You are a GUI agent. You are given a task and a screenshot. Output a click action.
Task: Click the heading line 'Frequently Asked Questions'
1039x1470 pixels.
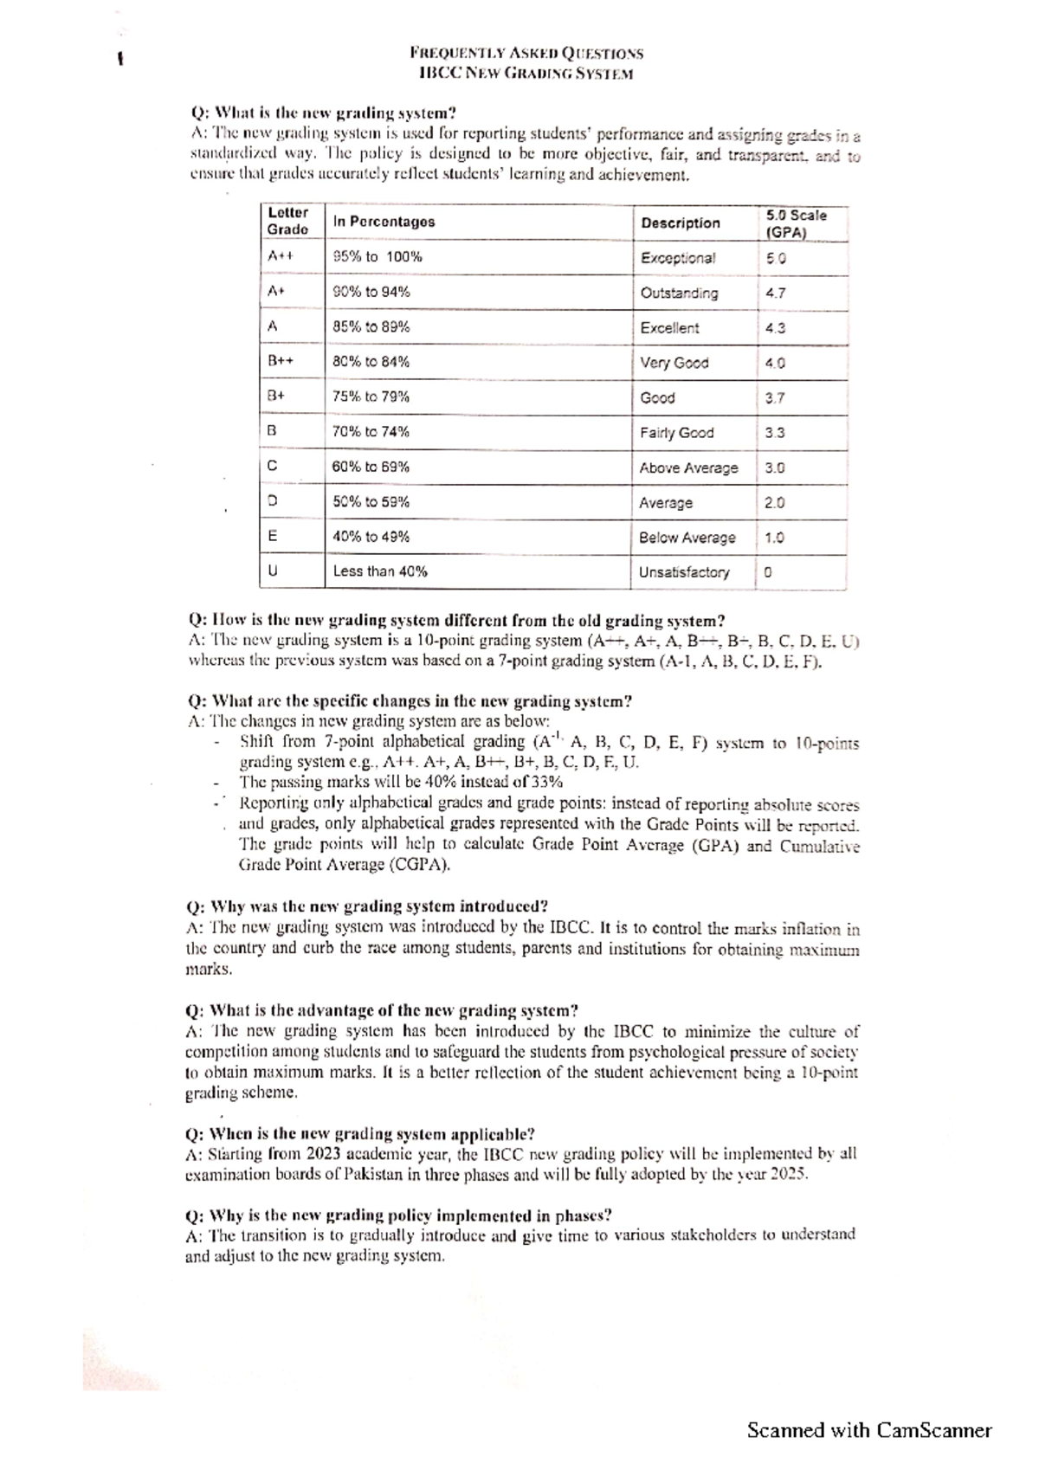(x=526, y=53)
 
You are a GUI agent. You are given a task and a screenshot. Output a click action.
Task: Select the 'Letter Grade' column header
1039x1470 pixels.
(x=287, y=221)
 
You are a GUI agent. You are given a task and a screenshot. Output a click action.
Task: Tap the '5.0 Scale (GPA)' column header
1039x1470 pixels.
(x=796, y=223)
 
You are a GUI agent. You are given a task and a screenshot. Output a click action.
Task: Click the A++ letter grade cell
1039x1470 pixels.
(x=281, y=256)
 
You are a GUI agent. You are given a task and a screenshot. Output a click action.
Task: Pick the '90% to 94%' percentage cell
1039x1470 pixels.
(x=371, y=292)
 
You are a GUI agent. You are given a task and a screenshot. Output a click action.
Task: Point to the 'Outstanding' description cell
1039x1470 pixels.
(x=679, y=293)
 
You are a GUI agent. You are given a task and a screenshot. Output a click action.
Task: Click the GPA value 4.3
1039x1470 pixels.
(x=775, y=328)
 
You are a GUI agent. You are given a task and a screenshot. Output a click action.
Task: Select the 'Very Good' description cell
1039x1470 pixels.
(x=674, y=363)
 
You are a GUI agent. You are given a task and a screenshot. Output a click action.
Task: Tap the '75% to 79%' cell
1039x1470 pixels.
(x=371, y=397)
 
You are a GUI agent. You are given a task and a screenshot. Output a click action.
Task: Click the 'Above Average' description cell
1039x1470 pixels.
(x=688, y=467)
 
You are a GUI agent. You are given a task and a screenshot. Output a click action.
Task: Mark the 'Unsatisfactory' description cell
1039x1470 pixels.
(x=684, y=572)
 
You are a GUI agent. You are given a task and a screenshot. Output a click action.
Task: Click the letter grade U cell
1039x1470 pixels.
(x=273, y=571)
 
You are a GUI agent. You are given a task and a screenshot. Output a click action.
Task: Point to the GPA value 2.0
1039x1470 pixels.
(x=774, y=503)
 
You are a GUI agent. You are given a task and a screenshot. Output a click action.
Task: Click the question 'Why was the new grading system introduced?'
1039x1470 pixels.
(x=367, y=907)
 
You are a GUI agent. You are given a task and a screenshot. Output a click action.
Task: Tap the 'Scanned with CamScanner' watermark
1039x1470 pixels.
(x=869, y=1429)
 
